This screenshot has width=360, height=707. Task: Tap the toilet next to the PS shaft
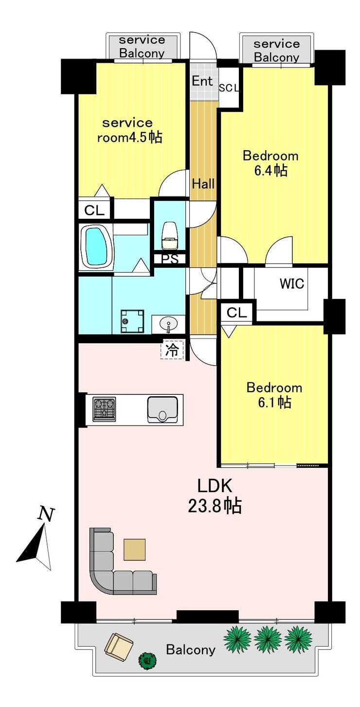point(170,235)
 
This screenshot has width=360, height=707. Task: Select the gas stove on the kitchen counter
point(104,409)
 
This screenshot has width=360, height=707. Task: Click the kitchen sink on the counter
point(162,409)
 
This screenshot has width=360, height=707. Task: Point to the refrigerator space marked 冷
point(172,351)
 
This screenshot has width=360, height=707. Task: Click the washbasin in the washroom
point(169,324)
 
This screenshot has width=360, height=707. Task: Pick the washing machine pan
point(132,321)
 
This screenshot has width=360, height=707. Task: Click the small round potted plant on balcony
point(147,660)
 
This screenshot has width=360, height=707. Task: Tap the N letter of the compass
point(46,514)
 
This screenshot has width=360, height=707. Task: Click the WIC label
point(292,283)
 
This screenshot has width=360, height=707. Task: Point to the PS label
point(170,259)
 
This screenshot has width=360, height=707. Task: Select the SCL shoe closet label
point(229,88)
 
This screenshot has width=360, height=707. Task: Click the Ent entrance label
point(202,81)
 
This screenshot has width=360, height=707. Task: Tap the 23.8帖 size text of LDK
point(215,506)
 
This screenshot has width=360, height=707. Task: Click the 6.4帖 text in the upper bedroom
point(270,171)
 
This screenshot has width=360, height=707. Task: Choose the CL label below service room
point(94,211)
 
